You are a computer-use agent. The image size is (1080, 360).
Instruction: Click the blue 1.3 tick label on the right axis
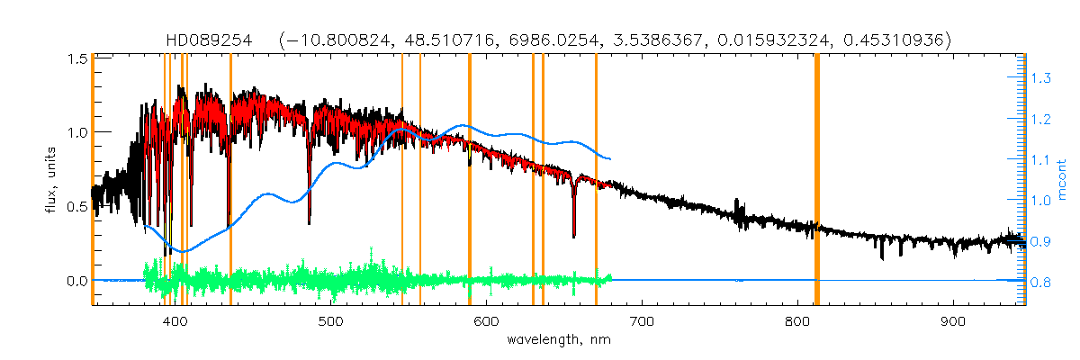(x=1041, y=79)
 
